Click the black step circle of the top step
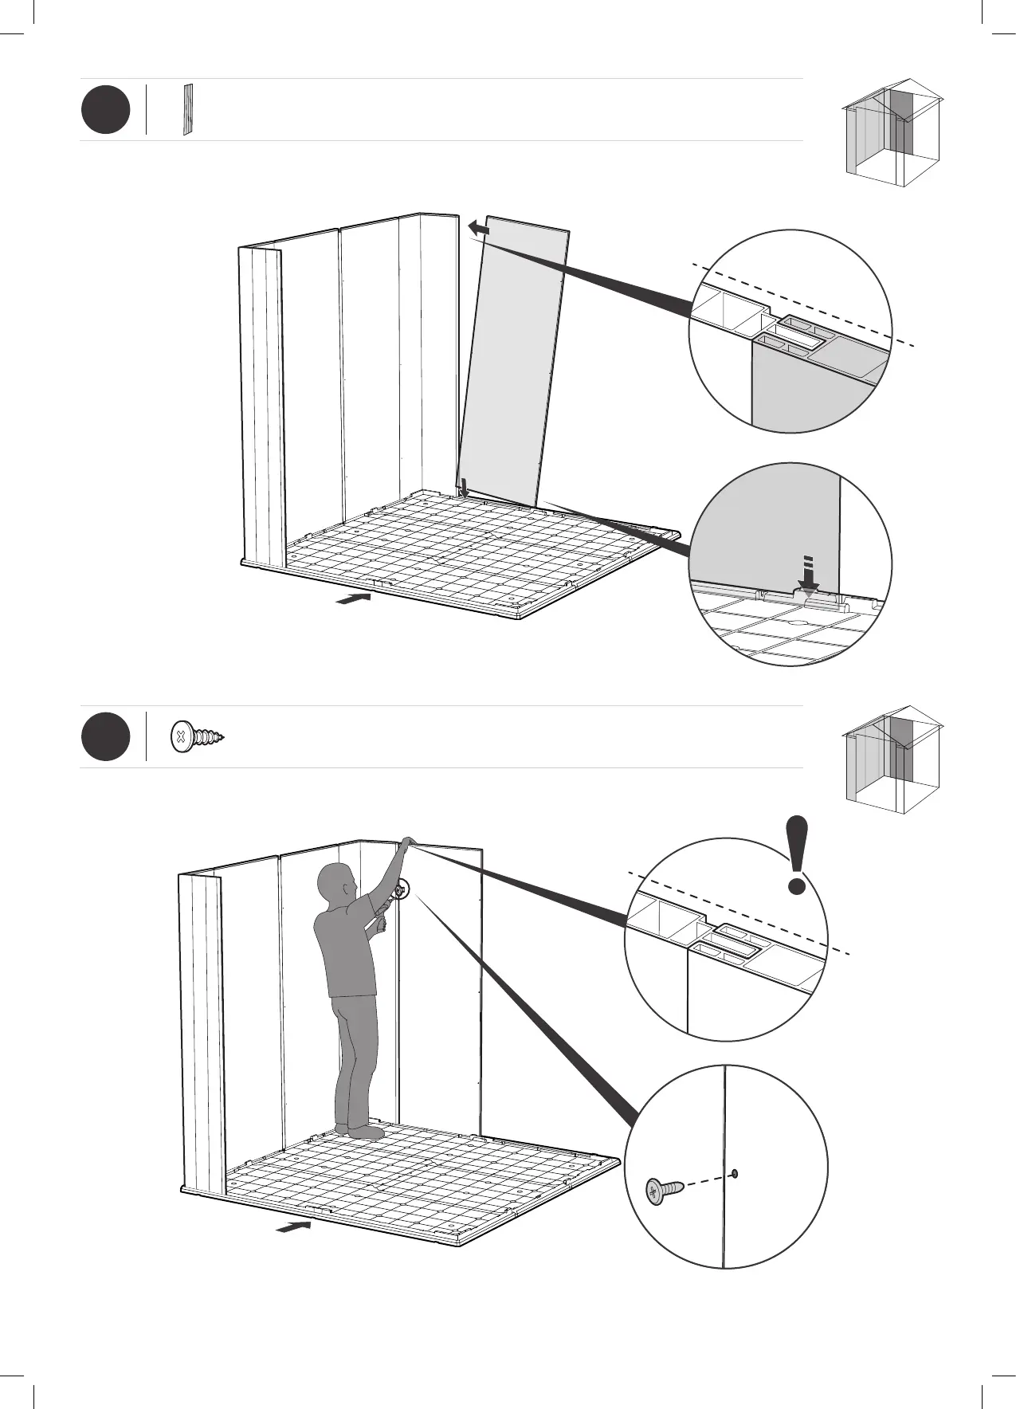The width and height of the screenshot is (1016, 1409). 105,110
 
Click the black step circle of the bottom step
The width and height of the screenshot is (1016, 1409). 105,737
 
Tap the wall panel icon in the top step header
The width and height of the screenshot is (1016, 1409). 188,109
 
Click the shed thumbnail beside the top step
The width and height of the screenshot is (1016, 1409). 892,132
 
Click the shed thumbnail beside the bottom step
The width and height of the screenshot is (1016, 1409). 892,759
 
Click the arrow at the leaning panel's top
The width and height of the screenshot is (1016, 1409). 478,229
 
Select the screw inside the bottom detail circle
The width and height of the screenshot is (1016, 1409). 665,1191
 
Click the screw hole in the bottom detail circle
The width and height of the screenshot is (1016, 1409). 734,1172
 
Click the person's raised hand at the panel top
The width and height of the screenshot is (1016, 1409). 407,842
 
